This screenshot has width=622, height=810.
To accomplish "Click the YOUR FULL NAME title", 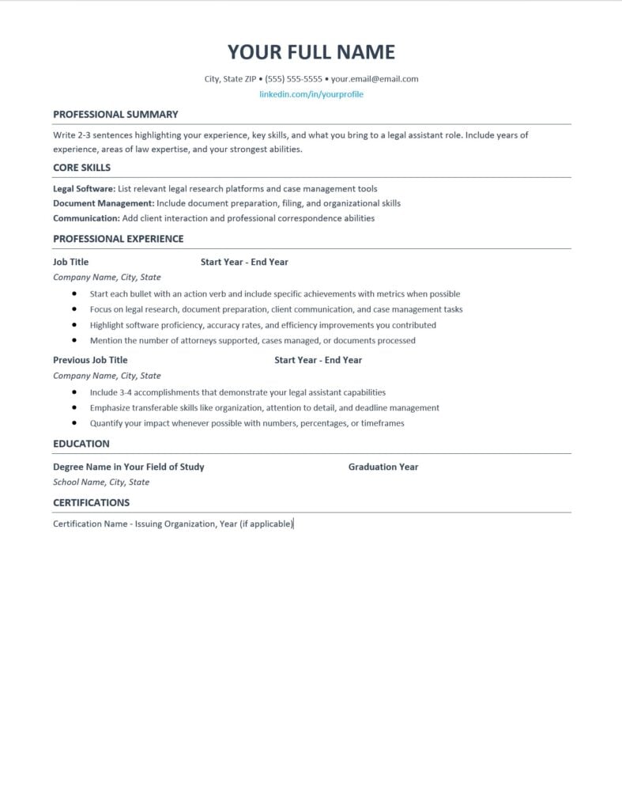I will point(311,52).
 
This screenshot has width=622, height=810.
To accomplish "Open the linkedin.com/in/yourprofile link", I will point(311,94).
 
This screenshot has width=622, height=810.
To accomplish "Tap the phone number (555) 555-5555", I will point(293,79).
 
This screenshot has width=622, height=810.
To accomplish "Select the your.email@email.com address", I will point(375,79).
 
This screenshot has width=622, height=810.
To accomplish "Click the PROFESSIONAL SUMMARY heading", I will point(115,115).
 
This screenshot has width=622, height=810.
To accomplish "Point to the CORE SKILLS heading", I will point(81,168).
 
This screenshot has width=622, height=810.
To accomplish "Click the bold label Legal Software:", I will point(84,189).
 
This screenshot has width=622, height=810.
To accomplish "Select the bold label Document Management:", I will point(104,203).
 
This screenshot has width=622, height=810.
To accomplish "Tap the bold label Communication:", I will point(86,218).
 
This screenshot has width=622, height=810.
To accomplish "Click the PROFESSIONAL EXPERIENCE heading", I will point(118,239).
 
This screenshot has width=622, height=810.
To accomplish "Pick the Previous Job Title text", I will point(90,360).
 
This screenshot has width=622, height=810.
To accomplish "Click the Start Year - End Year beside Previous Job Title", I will point(318,360).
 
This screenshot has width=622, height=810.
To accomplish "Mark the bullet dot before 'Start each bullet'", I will point(74,293).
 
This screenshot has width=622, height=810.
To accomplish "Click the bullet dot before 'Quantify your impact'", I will point(74,423).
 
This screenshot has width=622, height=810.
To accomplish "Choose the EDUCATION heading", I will point(81,444).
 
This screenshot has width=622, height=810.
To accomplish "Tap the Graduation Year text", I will point(383,467).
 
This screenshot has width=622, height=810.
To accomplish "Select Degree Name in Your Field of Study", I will point(128,467).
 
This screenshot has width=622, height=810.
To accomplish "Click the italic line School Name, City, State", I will point(101,482).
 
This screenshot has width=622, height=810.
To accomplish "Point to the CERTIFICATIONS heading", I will point(91,502).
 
